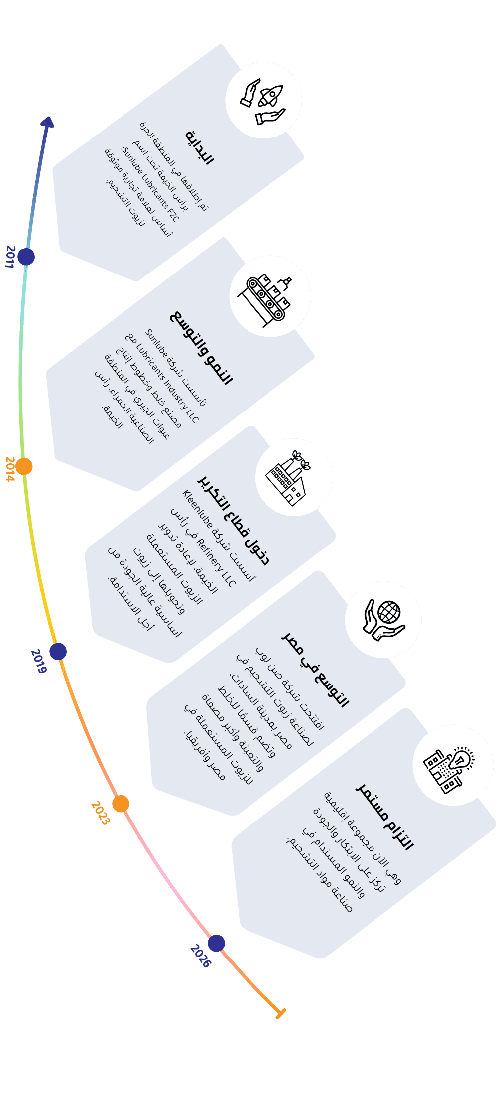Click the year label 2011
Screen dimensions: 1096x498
point(10,257)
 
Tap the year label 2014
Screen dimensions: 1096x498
point(10,469)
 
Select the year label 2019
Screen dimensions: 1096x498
point(39,661)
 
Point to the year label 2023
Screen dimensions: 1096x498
point(100,813)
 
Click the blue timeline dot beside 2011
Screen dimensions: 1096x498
point(26,257)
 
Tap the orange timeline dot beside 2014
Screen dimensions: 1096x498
point(24,466)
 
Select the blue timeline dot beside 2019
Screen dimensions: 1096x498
point(58,651)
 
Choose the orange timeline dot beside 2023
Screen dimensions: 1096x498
point(121,803)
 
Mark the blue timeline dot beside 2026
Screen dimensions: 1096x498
point(216,943)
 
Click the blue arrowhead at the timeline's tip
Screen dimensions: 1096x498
point(48,123)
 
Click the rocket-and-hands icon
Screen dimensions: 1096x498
point(263,100)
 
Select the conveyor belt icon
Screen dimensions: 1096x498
point(270,296)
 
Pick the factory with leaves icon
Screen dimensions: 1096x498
point(294,477)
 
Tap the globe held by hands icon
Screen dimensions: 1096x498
point(383,619)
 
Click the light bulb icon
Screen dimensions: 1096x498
point(451,764)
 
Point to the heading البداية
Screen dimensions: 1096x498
point(200,147)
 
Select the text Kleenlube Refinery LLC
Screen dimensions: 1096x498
point(209,538)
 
